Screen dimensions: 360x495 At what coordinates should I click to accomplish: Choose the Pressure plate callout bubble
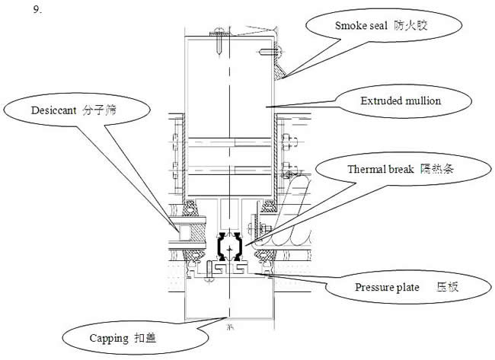403,288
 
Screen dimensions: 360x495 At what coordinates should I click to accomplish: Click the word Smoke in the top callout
350,25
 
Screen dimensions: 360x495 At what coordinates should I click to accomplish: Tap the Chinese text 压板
446,288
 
